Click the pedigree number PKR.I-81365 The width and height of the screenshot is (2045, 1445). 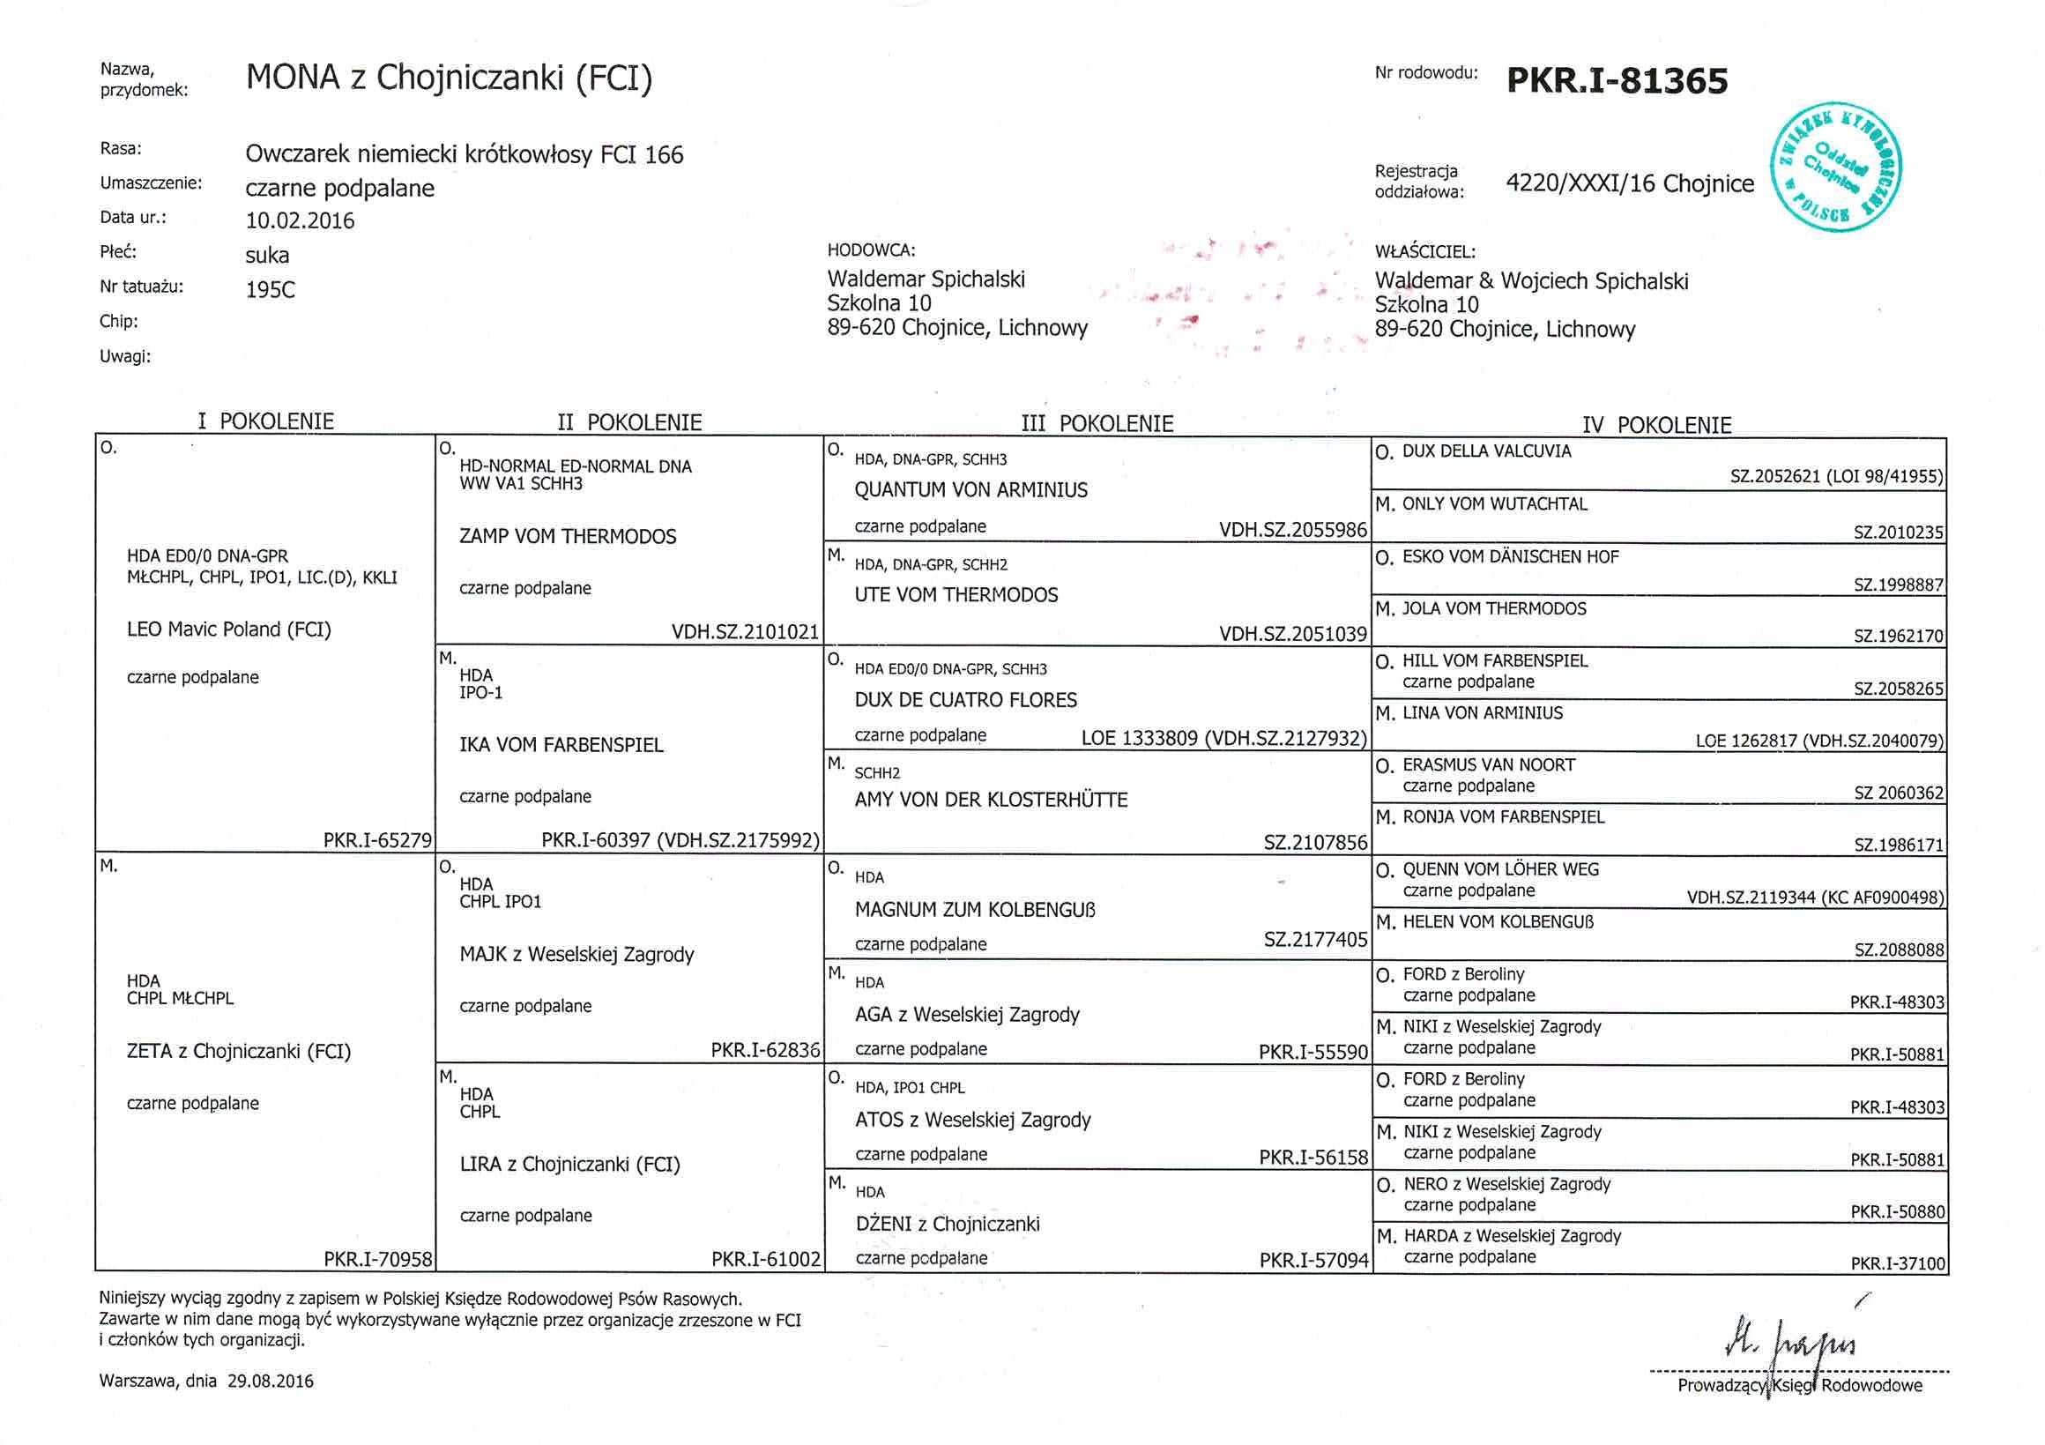click(1617, 81)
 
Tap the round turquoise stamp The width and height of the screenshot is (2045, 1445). click(1836, 168)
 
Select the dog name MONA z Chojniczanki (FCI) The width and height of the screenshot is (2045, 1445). click(449, 78)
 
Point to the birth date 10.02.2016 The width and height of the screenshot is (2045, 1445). click(301, 221)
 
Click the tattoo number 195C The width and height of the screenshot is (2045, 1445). click(270, 290)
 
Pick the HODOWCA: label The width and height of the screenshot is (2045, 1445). click(870, 250)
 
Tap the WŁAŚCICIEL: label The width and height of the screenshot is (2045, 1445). click(1424, 252)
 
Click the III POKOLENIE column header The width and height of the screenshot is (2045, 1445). click(1097, 424)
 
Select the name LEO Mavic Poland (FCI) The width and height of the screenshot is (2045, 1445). click(229, 629)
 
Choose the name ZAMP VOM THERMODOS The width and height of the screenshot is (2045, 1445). click(568, 536)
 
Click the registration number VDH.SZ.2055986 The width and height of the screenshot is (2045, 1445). click(1292, 530)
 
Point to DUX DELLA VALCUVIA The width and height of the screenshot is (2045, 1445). click(1486, 451)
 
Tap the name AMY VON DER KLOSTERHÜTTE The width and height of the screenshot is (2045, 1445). click(991, 800)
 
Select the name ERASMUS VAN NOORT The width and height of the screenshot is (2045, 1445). click(1488, 765)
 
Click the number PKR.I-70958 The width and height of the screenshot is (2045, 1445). click(377, 1259)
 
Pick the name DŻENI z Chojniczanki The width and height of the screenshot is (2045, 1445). click(948, 1224)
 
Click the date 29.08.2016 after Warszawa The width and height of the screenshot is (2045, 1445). click(270, 1382)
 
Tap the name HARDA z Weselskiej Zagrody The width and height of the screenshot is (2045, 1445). click(1513, 1237)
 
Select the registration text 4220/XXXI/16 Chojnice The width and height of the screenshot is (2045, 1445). click(1629, 184)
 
